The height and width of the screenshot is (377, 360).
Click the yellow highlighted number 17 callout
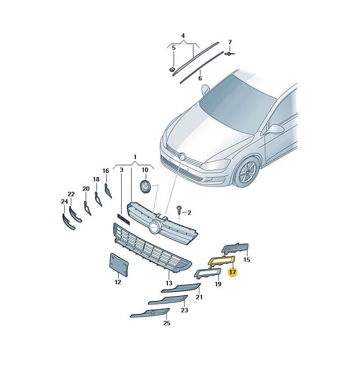click(233, 272)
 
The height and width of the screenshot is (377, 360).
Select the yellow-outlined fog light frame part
click(210, 262)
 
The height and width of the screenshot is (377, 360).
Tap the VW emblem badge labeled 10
click(145, 186)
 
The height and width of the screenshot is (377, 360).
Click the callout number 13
click(169, 283)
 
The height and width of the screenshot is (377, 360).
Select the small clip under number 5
click(172, 70)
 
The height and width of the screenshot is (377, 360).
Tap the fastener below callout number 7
click(229, 54)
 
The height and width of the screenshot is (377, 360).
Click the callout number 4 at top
click(183, 36)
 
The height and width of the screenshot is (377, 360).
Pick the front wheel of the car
click(247, 172)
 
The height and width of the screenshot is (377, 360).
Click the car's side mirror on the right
click(275, 129)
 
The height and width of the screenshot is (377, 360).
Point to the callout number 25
click(167, 323)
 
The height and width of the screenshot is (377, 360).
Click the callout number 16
click(106, 171)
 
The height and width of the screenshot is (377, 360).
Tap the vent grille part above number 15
click(235, 248)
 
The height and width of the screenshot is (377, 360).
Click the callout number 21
click(199, 297)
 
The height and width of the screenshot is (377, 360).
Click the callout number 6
click(200, 78)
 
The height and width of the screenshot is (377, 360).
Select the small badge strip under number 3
click(123, 219)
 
